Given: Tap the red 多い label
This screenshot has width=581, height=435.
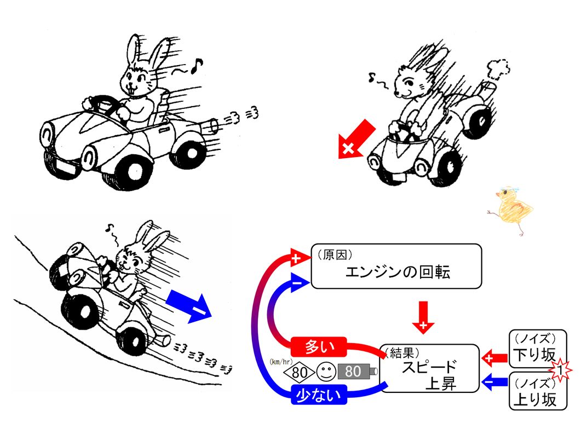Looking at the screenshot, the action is [x=319, y=347].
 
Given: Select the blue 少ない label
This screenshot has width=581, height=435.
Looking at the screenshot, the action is [x=319, y=395].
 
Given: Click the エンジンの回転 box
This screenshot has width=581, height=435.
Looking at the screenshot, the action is [x=396, y=266].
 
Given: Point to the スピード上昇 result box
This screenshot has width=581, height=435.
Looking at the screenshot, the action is [x=429, y=368].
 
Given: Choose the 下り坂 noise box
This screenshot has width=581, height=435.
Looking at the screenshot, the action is [x=538, y=349].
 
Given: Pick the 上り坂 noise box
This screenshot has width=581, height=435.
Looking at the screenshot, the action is [x=538, y=391].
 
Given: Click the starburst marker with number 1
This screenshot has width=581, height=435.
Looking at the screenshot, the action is [x=560, y=369].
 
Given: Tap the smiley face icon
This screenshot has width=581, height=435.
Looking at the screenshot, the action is [x=326, y=372].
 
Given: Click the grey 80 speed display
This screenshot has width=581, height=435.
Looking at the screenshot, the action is [x=357, y=372].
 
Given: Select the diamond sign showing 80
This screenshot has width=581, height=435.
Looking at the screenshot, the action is [x=300, y=372].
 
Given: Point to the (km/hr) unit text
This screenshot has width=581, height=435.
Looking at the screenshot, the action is [x=281, y=362].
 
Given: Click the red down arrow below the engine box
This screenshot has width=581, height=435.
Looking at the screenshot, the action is [x=423, y=317].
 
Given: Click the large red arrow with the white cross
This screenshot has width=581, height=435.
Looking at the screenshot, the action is [x=356, y=139].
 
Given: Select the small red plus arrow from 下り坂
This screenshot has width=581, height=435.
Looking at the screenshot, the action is [x=494, y=358].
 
